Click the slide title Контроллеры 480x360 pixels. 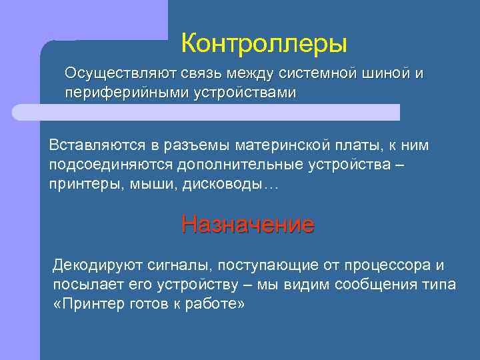click(x=264, y=44)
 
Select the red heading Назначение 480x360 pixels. click(x=247, y=224)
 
